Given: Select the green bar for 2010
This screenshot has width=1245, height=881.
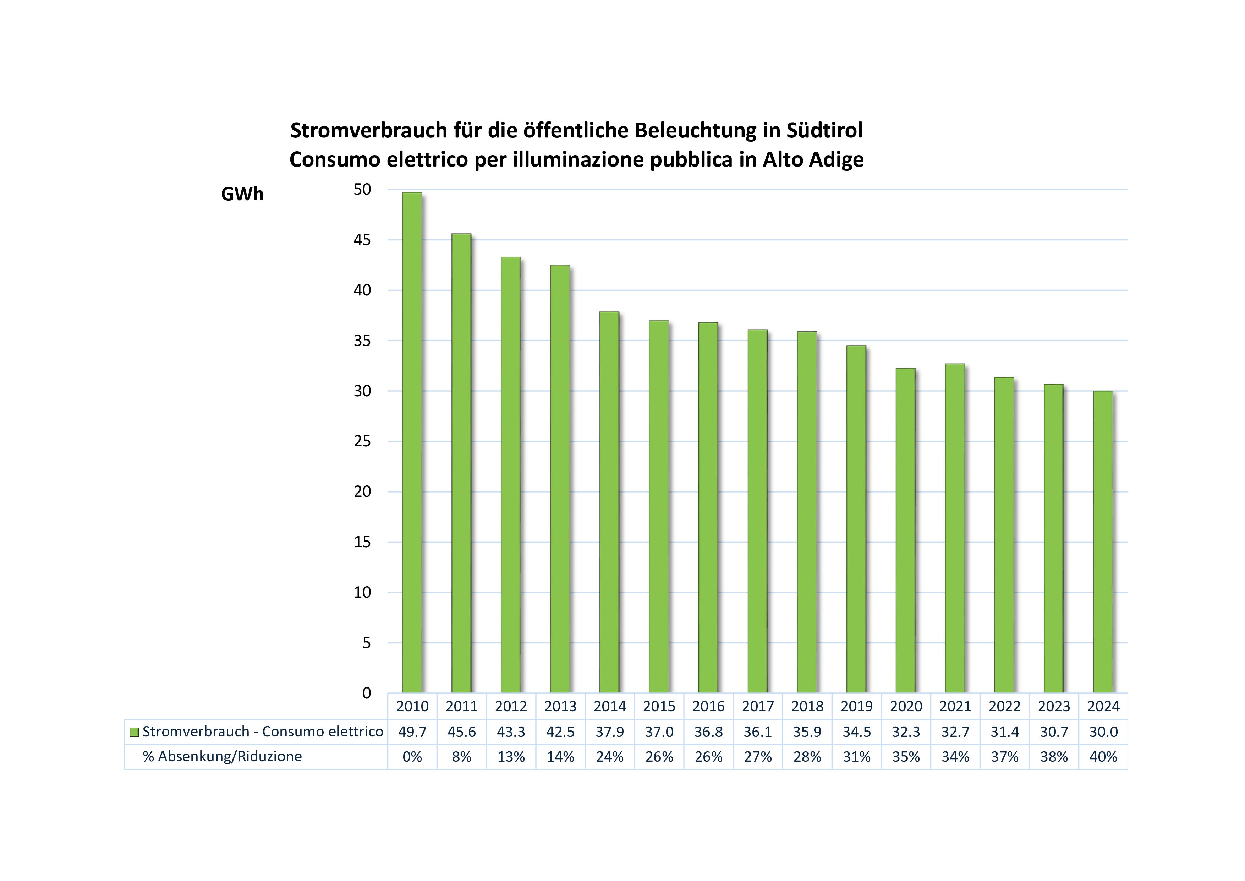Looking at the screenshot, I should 412,442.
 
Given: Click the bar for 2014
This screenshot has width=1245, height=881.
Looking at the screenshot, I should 609,502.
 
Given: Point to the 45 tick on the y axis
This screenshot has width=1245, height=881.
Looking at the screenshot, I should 362,240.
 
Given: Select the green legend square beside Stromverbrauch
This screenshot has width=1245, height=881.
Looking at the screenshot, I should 135,732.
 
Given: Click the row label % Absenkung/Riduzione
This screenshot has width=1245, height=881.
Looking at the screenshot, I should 222,757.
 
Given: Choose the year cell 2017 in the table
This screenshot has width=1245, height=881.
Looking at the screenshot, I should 757,706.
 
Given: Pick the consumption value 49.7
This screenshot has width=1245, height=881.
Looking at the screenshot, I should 412,732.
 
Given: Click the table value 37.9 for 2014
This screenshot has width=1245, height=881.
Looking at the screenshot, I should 609,732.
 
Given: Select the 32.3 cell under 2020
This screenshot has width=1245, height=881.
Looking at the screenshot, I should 906,732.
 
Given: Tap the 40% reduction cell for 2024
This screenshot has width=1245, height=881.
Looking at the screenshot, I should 1103,757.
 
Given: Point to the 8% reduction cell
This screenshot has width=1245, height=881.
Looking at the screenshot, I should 461,757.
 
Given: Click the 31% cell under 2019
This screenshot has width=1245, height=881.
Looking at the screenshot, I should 856,757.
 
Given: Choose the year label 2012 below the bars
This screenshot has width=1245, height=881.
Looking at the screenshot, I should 511,706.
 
